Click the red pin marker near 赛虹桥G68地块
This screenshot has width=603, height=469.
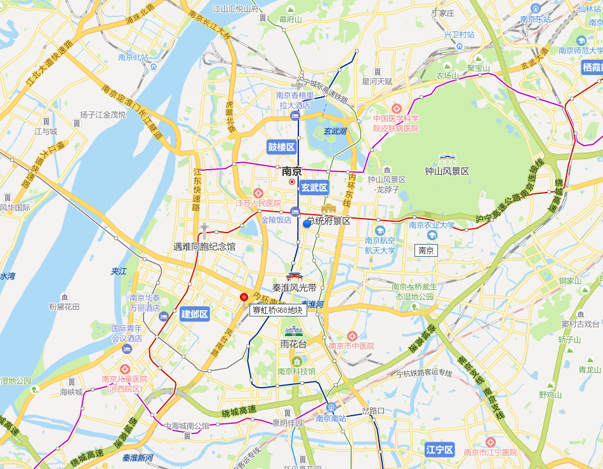pos(244,297)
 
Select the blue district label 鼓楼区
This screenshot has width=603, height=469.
pos(281,147)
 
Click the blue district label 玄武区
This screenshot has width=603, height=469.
pos(314,187)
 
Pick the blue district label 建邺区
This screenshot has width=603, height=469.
pos(195,314)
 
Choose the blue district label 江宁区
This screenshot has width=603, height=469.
pos(440,450)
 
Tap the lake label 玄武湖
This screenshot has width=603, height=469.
pos(335,132)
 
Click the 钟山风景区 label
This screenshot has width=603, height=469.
pos(447,172)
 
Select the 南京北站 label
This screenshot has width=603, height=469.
pos(133,57)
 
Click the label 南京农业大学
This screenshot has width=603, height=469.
pos(432,224)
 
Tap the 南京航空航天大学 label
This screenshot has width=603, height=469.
pos(380,245)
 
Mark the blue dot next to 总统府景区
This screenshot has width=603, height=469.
pos(307,224)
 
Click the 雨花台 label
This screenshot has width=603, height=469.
pos(293,344)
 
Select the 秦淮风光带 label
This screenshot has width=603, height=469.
pos(294,287)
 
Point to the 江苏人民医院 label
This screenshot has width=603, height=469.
pos(258,203)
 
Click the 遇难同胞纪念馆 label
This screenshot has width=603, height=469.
pos(204,246)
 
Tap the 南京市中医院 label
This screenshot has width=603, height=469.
pos(351,346)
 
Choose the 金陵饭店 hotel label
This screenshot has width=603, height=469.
pos(275,220)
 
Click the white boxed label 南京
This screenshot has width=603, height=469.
pos(426,250)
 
